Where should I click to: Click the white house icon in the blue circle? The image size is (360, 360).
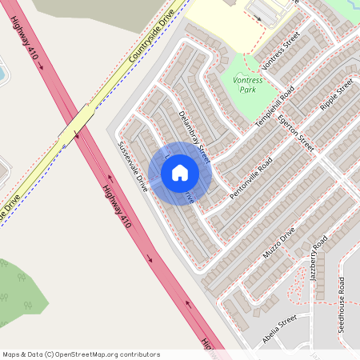(180, 172)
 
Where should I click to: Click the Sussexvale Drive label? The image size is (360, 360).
(133, 166)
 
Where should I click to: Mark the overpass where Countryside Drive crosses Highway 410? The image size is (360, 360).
(82, 122)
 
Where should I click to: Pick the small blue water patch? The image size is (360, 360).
(2, 74)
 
